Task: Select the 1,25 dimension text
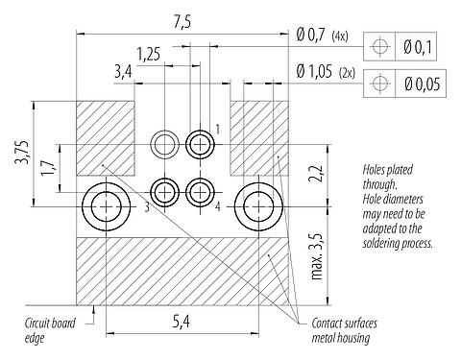click(x=148, y=54)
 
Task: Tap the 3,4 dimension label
click(x=124, y=71)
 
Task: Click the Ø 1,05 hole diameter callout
click(x=320, y=71)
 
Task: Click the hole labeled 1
click(x=201, y=145)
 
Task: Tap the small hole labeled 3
click(x=165, y=191)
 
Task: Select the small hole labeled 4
click(x=201, y=191)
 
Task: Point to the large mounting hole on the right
click(x=257, y=205)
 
